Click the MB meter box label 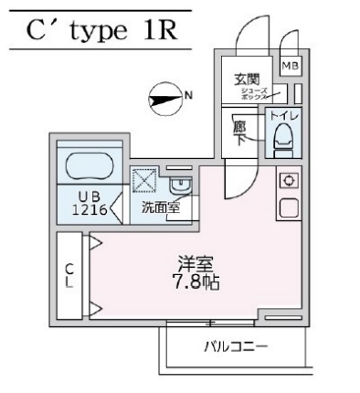[x=290, y=66]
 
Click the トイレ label [x=284, y=118]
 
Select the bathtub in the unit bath [x=88, y=167]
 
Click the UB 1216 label [x=90, y=202]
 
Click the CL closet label [x=69, y=273]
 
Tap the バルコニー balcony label [x=235, y=346]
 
